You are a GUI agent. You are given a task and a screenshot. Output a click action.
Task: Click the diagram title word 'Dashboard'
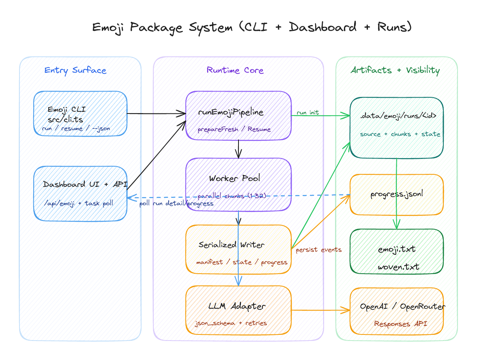tap(323, 27)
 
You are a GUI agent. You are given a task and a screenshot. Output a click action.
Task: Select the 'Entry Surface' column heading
tap(75, 70)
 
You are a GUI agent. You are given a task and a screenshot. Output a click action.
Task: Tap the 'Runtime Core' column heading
tap(235, 70)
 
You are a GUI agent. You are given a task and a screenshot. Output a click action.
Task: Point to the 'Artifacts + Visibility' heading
tap(395, 70)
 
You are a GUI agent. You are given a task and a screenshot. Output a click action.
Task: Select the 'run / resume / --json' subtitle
tap(76, 129)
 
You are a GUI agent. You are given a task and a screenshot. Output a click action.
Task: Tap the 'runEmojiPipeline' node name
tap(231, 112)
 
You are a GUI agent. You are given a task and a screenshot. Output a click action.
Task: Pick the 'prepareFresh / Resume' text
tap(234, 130)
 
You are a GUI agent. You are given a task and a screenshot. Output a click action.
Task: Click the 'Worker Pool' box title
tap(234, 178)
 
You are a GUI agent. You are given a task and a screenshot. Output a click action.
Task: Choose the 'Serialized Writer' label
tap(231, 245)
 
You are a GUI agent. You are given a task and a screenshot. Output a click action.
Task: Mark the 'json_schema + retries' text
tap(231, 323)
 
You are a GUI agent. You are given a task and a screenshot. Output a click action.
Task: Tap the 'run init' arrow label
tap(307, 113)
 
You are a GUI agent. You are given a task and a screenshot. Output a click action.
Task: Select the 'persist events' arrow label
tap(318, 250)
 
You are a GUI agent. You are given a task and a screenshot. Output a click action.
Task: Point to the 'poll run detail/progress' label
tap(176, 204)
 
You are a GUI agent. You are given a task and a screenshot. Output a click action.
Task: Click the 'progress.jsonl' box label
tap(396, 194)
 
